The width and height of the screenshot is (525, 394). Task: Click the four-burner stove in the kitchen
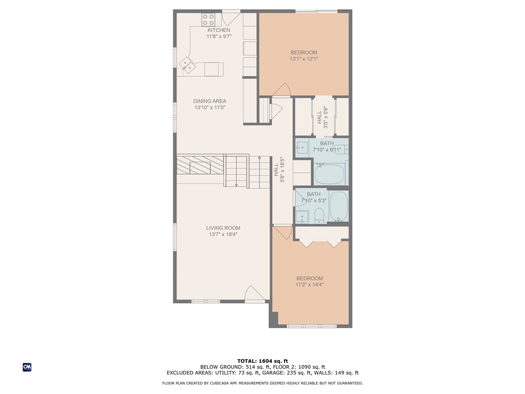[208, 20]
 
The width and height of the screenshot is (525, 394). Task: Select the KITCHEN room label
[218, 30]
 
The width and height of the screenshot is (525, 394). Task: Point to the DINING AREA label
[210, 101]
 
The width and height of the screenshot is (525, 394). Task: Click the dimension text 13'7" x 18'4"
[223, 234]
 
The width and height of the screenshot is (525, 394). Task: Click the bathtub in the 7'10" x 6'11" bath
[329, 173]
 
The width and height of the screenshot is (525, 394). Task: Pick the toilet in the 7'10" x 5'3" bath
[319, 216]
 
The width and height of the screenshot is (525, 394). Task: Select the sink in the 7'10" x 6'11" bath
[301, 147]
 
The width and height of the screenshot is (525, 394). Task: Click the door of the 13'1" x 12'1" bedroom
[281, 90]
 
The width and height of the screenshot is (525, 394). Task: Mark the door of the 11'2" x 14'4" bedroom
[281, 234]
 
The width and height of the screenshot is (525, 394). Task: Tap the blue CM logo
[27, 367]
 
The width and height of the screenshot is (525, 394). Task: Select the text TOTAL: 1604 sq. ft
[262, 361]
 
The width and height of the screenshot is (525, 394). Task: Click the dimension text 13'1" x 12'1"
[304, 58]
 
